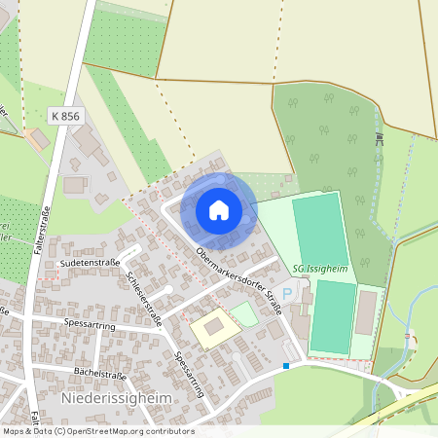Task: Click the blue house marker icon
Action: [x=219, y=210]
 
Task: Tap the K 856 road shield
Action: [x=65, y=116]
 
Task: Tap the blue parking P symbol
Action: [x=286, y=292]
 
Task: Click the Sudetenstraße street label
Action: [x=89, y=263]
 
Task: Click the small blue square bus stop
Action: [x=286, y=366]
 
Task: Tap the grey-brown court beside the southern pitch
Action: [x=366, y=313]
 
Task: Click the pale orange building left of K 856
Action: [x=38, y=140]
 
